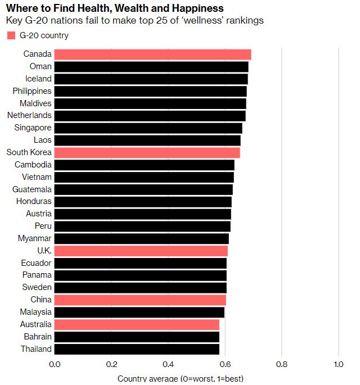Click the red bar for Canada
152,55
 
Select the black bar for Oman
151,67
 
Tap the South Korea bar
147,153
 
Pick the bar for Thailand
137,349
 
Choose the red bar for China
140,300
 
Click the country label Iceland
38,79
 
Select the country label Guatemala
32,189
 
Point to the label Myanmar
35,238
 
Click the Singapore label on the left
33,128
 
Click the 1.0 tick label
338,364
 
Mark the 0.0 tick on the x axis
55,364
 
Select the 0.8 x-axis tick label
281,364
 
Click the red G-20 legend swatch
11,35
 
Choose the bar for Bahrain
137,337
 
